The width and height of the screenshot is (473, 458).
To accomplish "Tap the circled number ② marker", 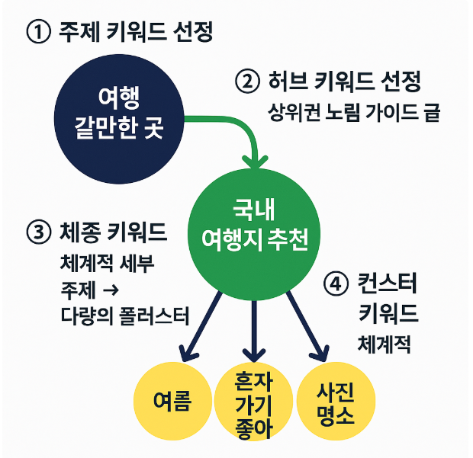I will [246, 81].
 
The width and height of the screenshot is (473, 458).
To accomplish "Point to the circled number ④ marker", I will [336, 285].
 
